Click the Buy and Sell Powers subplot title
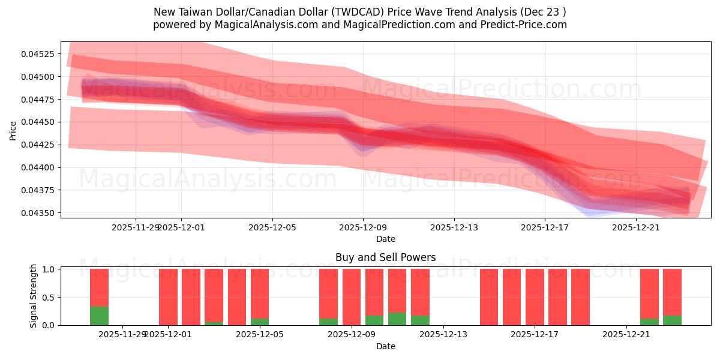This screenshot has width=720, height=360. (385, 257)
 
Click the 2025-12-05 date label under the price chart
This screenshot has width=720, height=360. (272, 227)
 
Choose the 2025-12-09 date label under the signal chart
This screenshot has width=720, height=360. (351, 334)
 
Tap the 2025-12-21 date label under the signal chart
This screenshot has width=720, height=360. (626, 334)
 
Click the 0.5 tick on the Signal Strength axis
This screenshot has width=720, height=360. (48, 298)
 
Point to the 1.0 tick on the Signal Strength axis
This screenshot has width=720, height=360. (48, 269)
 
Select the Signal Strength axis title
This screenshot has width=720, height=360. (34, 296)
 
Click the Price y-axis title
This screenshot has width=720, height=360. (13, 130)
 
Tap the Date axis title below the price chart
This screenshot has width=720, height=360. (385, 239)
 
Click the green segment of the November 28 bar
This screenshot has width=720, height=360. (99, 316)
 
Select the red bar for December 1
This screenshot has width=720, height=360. (168, 296)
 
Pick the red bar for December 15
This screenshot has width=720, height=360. (489, 297)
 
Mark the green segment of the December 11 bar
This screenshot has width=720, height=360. (397, 319)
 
